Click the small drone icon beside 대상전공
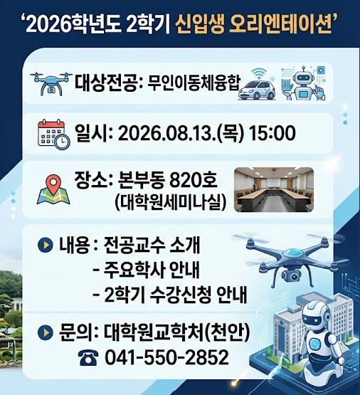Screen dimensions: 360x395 [x=51, y=83]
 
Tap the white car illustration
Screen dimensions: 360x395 [x=257, y=90]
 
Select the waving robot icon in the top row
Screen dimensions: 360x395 [x=303, y=84]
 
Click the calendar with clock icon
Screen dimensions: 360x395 [x=53, y=135]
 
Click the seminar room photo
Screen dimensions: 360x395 [x=274, y=189]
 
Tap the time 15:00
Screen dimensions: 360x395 [x=272, y=133]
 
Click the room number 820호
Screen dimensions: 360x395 [x=193, y=180]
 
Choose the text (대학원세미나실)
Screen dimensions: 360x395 [x=170, y=202]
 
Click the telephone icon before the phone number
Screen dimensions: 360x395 [x=88, y=358]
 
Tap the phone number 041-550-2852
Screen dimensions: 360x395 [x=166, y=357]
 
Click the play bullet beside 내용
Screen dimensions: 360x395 [x=46, y=245]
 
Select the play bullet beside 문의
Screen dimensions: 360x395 [x=46, y=332]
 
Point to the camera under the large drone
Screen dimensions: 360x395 [x=292, y=275]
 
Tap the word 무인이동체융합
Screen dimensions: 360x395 [x=194, y=83]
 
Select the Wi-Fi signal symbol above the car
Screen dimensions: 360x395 [x=259, y=74]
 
